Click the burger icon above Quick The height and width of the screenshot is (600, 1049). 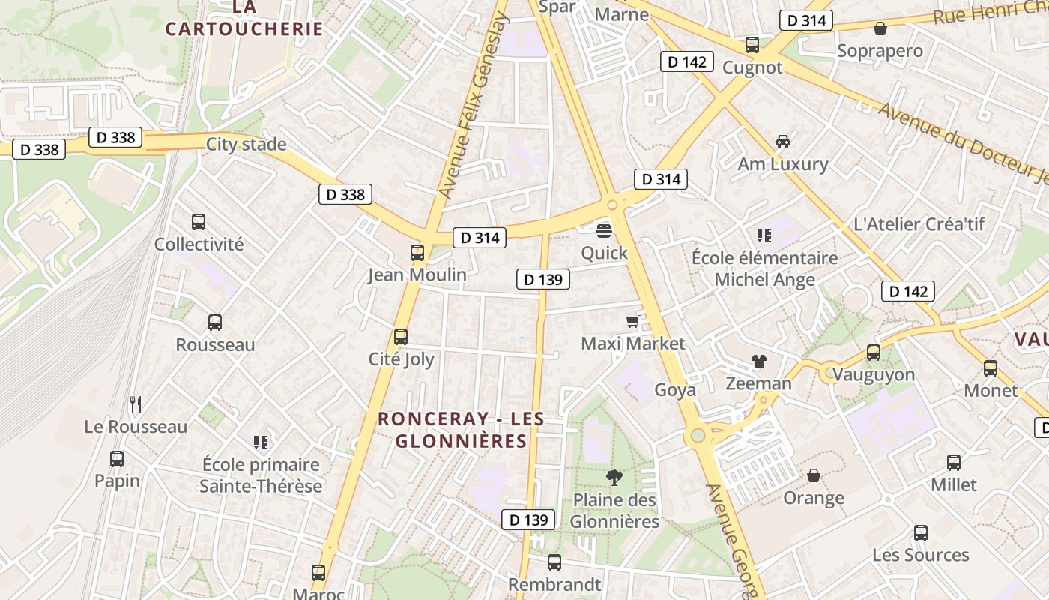pyautogui.click(x=605, y=230)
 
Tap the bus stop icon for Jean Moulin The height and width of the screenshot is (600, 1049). pyautogui.click(x=417, y=253)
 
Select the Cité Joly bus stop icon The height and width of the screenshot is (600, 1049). pyautogui.click(x=401, y=337)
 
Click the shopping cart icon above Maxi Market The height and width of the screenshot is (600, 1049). pyautogui.click(x=633, y=322)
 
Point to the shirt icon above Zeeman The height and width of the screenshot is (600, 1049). pyautogui.click(x=759, y=361)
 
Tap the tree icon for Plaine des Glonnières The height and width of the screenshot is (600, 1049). pyautogui.click(x=614, y=477)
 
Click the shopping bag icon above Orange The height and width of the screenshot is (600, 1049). pyautogui.click(x=814, y=475)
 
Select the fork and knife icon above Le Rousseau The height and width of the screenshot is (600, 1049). pyautogui.click(x=136, y=404)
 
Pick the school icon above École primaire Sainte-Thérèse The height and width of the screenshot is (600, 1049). pyautogui.click(x=261, y=442)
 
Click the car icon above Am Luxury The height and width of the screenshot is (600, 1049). pyautogui.click(x=783, y=142)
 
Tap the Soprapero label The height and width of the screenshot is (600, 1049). pyautogui.click(x=880, y=51)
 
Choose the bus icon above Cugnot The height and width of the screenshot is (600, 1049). pyautogui.click(x=752, y=45)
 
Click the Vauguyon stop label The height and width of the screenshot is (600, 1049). pyautogui.click(x=874, y=374)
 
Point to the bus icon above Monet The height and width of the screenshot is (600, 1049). pyautogui.click(x=991, y=368)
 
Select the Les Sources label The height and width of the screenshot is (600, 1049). pyautogui.click(x=920, y=555)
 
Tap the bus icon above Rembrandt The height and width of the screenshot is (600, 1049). pyautogui.click(x=554, y=562)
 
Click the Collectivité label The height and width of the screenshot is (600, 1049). pyautogui.click(x=199, y=244)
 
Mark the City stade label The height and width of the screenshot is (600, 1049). pyautogui.click(x=246, y=144)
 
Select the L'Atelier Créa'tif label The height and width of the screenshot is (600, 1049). pyautogui.click(x=919, y=223)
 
